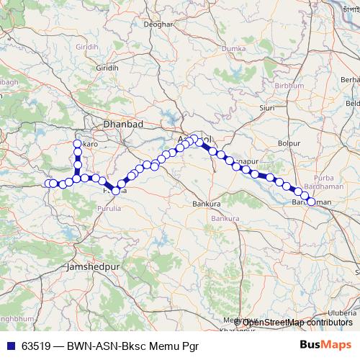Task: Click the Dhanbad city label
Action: [x=124, y=124]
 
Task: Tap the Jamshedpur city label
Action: [x=91, y=266]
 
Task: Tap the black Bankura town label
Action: [x=206, y=204]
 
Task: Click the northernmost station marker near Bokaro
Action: [x=77, y=143]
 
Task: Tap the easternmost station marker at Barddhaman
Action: [x=312, y=202]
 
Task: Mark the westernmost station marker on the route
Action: [x=49, y=184]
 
